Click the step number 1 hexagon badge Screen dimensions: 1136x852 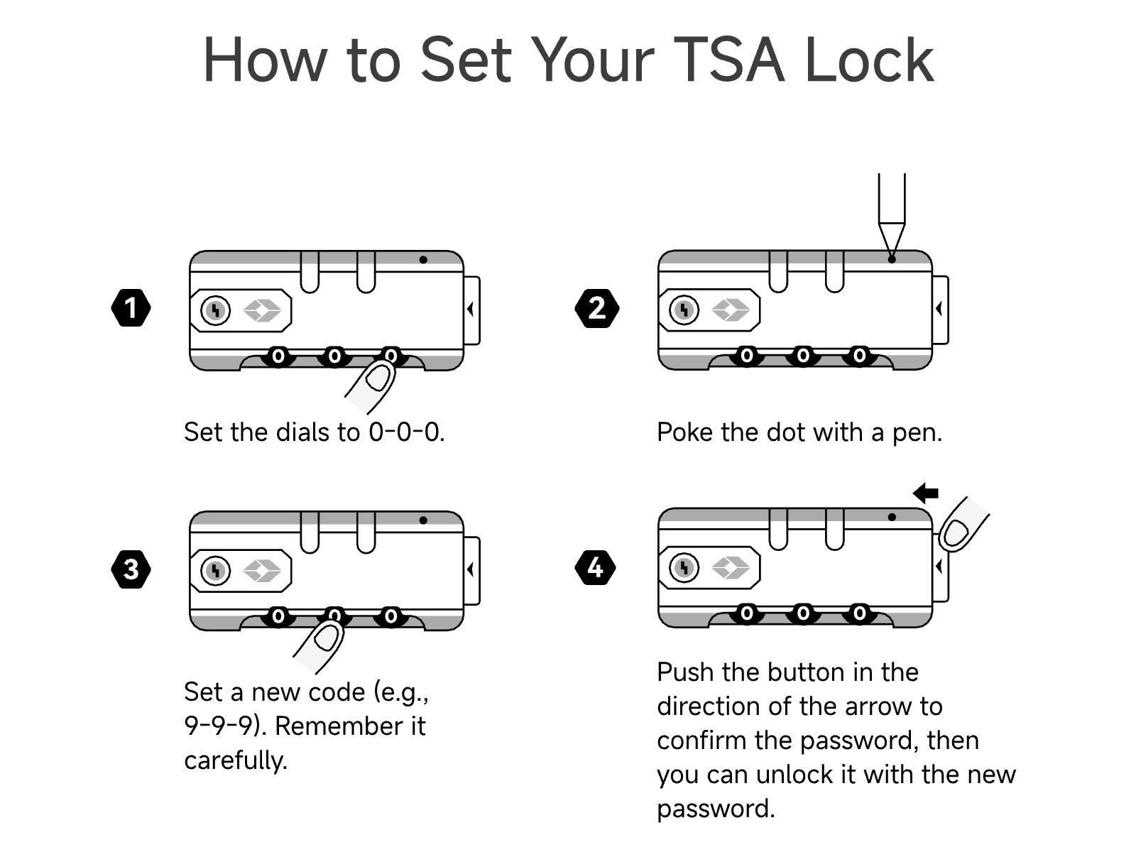tap(131, 308)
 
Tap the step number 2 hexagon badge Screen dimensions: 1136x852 tap(596, 308)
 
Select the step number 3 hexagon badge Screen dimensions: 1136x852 tap(131, 569)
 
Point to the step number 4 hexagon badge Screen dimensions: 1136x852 tap(596, 567)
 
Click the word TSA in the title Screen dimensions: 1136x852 tap(729, 60)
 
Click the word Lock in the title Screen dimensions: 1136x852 tap(870, 60)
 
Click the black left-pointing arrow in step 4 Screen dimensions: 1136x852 tap(925, 493)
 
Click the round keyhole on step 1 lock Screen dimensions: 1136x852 tap(215, 310)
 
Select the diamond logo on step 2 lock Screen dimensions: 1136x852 tap(731, 310)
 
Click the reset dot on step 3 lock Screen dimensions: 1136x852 tap(423, 520)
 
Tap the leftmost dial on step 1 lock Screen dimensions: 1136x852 tap(278, 356)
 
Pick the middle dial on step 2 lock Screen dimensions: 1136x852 tap(803, 356)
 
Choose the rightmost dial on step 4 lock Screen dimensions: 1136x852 tap(859, 613)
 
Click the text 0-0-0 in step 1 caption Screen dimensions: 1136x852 tap(404, 432)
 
